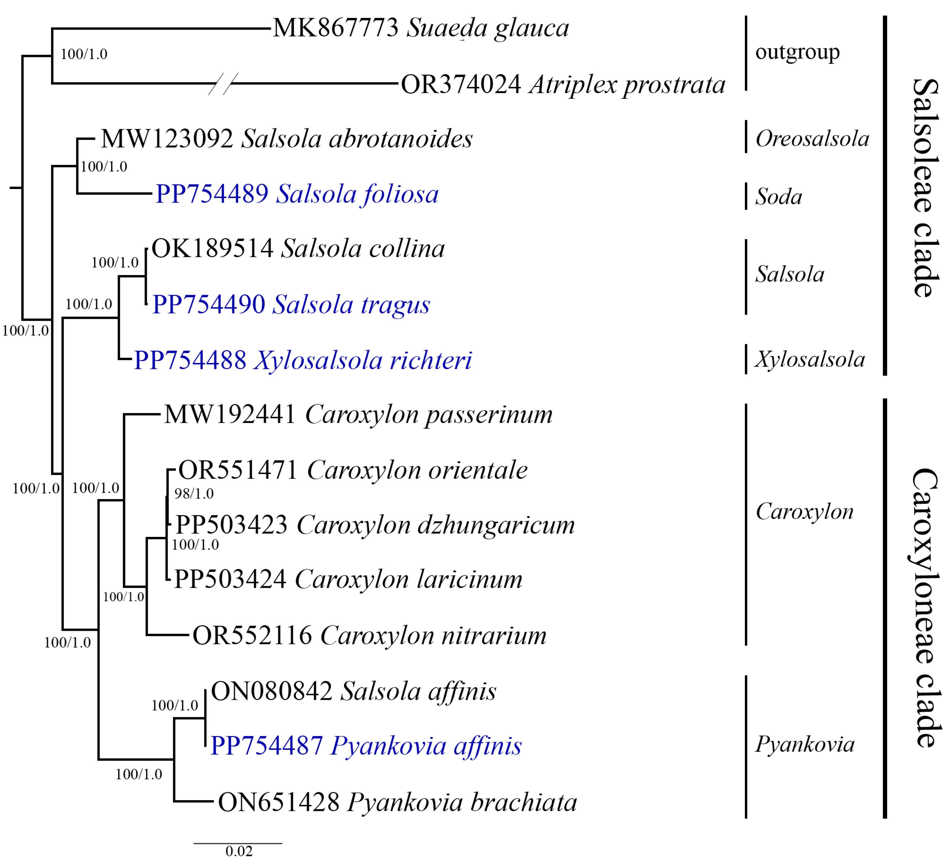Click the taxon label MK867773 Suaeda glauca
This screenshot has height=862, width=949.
coord(420,28)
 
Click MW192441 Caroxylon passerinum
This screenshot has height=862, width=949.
coord(358,415)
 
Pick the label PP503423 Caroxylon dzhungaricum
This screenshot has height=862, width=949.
coord(375,525)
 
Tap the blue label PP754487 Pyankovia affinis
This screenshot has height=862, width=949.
coord(366,746)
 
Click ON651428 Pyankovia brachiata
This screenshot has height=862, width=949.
coord(397,802)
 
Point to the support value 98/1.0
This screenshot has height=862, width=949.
coord(194,494)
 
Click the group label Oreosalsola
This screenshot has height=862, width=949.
coord(812,139)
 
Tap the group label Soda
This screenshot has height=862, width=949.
coord(779,197)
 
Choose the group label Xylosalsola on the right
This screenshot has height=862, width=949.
coord(810,359)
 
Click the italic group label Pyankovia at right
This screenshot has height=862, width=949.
coord(805,744)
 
